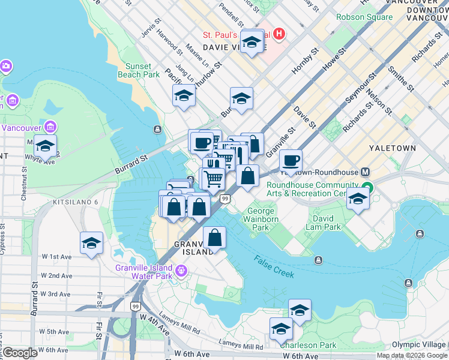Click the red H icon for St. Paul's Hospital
coord(279,34)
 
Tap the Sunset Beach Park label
coord(142,70)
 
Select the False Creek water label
coord(274,266)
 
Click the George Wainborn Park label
coord(261,219)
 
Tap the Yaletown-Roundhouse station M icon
coord(366,172)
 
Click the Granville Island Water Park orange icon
coord(181,272)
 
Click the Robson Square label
coord(367,17)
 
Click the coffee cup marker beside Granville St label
coord(291,160)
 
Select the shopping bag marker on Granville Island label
coord(214,238)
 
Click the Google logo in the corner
coord(20,353)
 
